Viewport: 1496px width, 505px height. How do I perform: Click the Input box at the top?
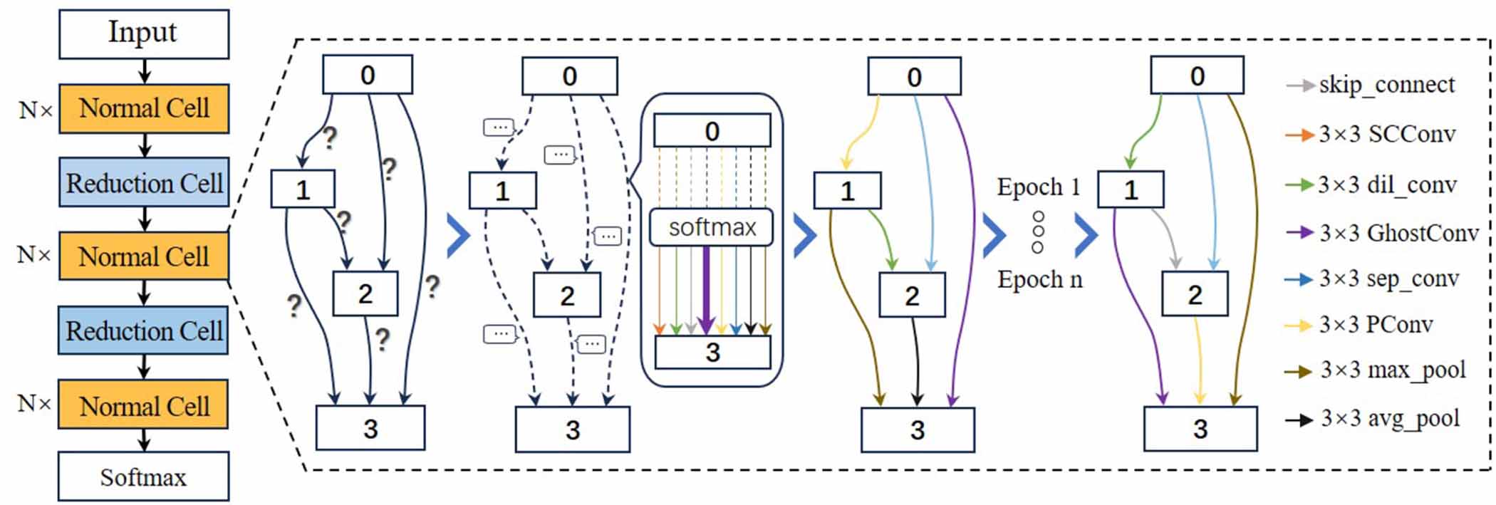(143, 33)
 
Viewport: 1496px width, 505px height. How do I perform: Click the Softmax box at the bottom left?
(143, 477)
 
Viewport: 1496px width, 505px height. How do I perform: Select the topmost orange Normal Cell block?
(143, 108)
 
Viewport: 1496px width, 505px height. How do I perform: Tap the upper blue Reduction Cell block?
(143, 183)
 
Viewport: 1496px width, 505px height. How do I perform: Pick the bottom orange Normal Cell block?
(143, 405)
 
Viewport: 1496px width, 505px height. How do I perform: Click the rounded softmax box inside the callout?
(711, 227)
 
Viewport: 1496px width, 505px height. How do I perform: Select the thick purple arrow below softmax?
(705, 288)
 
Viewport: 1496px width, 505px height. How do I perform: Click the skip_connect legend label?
(1386, 85)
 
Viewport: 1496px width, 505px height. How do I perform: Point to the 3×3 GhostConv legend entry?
(1398, 233)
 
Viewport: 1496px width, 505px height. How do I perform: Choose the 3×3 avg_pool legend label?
(1389, 418)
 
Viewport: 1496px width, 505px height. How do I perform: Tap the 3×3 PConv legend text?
(1375, 325)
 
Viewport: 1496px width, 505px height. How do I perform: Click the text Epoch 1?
(1038, 187)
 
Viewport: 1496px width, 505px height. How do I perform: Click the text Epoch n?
(1039, 279)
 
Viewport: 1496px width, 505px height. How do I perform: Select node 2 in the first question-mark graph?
(365, 293)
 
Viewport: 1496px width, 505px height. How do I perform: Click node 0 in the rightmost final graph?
(1197, 76)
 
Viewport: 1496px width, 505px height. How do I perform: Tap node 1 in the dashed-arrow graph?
(502, 190)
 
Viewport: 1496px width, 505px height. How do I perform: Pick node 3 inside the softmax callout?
(712, 352)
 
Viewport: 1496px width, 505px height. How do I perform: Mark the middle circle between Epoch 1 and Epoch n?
(1038, 231)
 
